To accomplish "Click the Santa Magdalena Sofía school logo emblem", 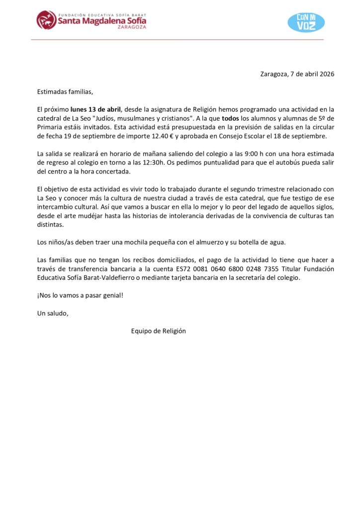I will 46,20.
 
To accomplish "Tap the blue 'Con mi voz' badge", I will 306,22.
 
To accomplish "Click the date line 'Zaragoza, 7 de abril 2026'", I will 297,74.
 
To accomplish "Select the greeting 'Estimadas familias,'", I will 65,91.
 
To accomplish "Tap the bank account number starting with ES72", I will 252,269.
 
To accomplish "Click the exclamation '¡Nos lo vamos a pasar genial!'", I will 80,295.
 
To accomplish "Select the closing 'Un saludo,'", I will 53,313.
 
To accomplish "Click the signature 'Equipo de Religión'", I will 158,331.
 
